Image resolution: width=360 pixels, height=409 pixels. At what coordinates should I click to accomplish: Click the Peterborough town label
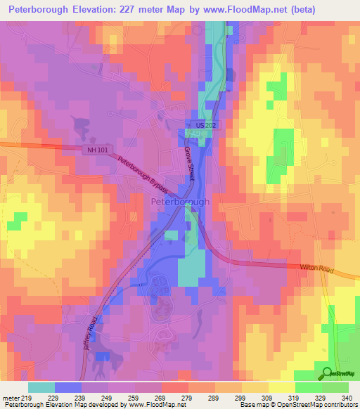[x=180, y=202]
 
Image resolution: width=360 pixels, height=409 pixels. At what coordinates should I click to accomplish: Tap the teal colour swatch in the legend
[x=41, y=387]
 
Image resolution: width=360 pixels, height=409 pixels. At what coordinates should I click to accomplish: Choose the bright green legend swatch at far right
[x=335, y=387]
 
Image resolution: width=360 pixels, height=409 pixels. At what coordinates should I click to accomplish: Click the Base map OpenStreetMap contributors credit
[x=298, y=405]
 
